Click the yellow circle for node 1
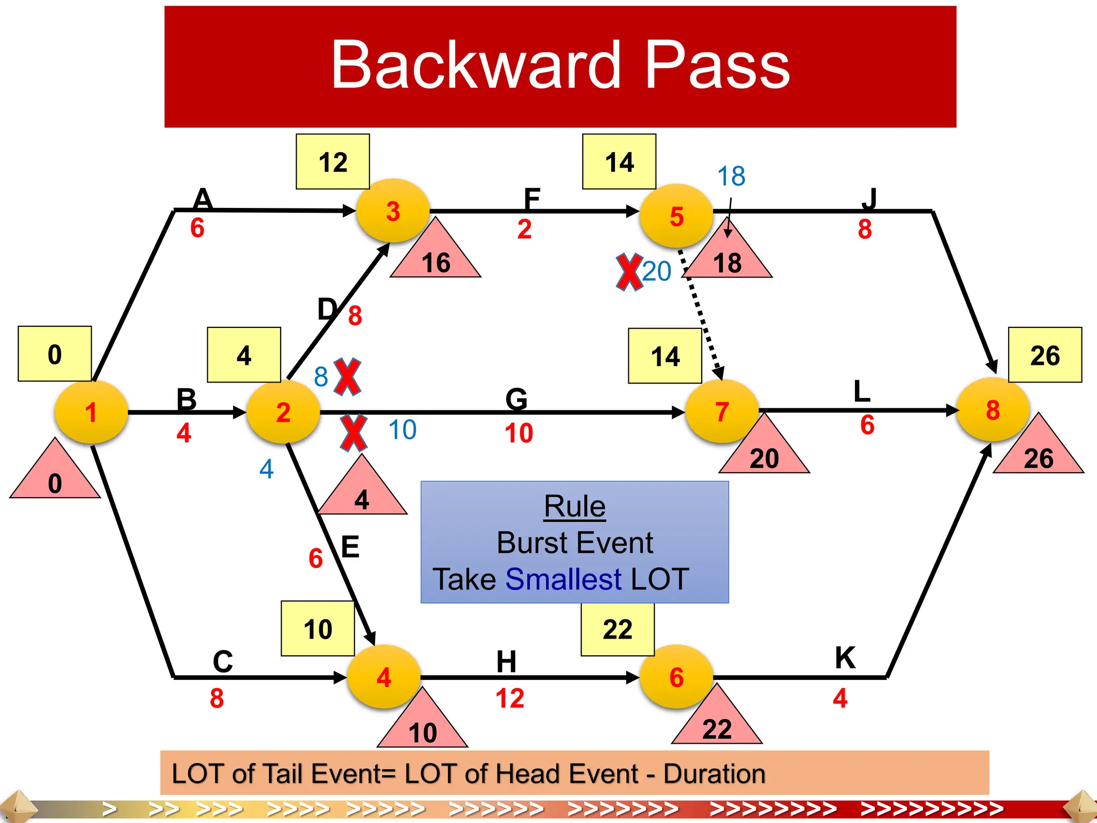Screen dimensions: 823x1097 [x=91, y=412]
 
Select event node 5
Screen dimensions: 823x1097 [x=677, y=216]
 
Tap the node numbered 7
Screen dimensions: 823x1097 [x=722, y=411]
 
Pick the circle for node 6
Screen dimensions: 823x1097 [x=677, y=677]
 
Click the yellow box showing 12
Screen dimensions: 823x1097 [x=333, y=162]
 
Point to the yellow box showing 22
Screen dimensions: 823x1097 [x=618, y=629]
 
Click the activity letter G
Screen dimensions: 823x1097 [x=516, y=399]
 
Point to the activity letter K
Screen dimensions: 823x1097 [x=845, y=657]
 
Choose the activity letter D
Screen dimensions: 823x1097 [x=327, y=309]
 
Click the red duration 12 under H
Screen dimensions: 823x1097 [x=509, y=699]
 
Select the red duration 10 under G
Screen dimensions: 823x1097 [x=519, y=433]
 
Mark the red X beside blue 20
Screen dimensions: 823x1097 [x=629, y=272]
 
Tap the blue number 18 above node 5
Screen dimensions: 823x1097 [x=731, y=176]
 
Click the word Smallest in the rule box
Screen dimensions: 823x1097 [x=563, y=579]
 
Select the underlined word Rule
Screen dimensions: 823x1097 [x=575, y=506]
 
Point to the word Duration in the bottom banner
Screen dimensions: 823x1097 [x=715, y=774]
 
